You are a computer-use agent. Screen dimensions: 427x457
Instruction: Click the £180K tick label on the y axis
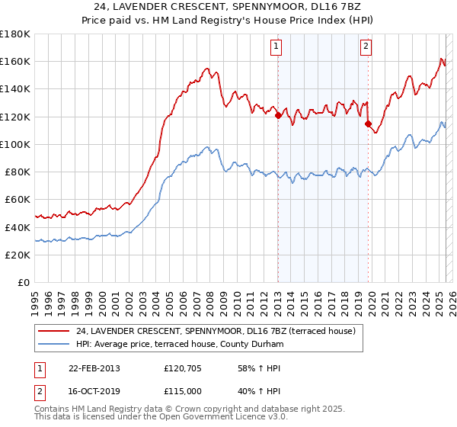click(x=15, y=34)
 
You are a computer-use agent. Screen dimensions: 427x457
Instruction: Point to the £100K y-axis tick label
click(x=15, y=144)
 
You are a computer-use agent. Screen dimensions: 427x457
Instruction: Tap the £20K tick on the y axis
click(x=18, y=255)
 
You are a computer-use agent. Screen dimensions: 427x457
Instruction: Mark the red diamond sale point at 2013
click(x=278, y=116)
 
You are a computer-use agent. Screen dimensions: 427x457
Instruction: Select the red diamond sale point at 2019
click(x=368, y=124)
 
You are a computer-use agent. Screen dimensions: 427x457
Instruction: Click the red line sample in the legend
click(x=54, y=330)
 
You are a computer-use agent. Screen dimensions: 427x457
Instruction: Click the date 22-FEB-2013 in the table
click(x=94, y=368)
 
